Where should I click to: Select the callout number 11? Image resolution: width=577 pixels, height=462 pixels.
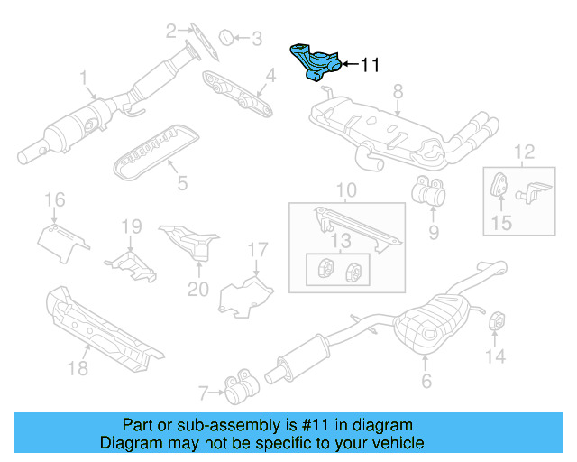pyautogui.click(x=370, y=65)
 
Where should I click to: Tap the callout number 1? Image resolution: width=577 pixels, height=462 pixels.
pyautogui.click(x=83, y=79)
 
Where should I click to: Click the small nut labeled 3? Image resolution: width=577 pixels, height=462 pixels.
pyautogui.click(x=228, y=37)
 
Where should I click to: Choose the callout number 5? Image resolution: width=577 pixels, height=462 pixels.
pyautogui.click(x=182, y=184)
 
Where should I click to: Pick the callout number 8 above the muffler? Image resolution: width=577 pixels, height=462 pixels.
pyautogui.click(x=398, y=90)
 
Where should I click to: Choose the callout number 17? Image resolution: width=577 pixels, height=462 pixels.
pyautogui.click(x=258, y=248)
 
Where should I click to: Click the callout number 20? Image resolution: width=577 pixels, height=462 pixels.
pyautogui.click(x=198, y=289)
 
